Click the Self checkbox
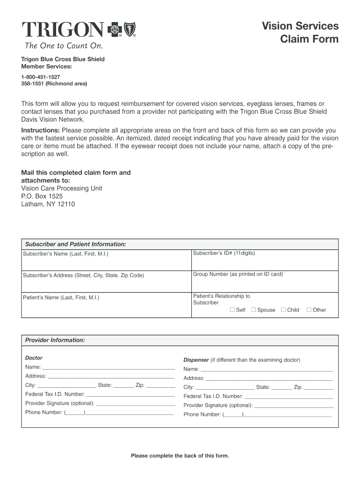click(x=232, y=310)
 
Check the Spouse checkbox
click(x=254, y=310)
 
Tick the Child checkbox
click(x=283, y=310)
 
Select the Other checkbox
click(x=309, y=310)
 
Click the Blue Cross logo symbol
click(x=115, y=30)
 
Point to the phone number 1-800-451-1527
click(x=41, y=77)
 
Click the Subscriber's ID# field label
click(x=224, y=253)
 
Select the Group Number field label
click(x=238, y=274)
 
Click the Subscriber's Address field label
click(x=83, y=275)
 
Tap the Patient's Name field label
click(x=61, y=297)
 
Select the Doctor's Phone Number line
click(x=130, y=413)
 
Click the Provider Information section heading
click(x=55, y=340)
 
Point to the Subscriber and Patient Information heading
click(x=75, y=244)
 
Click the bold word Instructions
click(x=40, y=130)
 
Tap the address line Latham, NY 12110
click(x=48, y=204)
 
